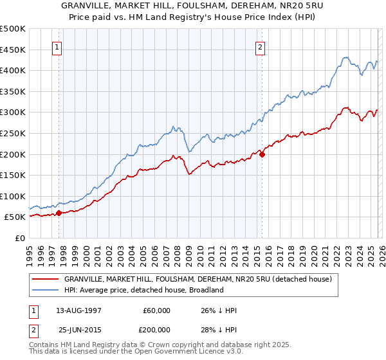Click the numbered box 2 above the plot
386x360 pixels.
coord(261,46)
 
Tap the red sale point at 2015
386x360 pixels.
coord(262,154)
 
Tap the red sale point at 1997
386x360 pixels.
coord(59,213)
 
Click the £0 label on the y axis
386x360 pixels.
coord(19,238)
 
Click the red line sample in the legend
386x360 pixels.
coord(46,279)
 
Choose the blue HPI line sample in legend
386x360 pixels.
coord(46,290)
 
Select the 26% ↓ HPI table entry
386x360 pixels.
coord(219,310)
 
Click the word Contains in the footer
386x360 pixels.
coord(45,346)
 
